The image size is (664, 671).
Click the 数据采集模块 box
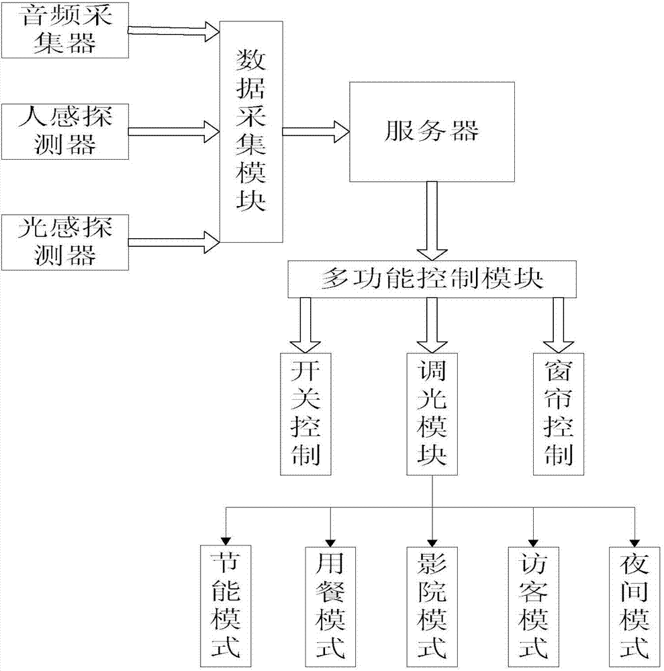tap(252, 132)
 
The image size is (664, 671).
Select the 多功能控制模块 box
tap(432, 280)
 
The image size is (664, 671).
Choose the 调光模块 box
tap(432, 414)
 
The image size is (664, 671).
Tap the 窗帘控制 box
tap(559, 414)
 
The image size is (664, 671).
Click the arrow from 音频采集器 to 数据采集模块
tap(174, 30)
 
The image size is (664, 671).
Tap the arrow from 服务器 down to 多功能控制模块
tap(431, 221)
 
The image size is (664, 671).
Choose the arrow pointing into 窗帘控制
tap(559, 325)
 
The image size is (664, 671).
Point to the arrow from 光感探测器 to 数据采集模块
tap(174, 238)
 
